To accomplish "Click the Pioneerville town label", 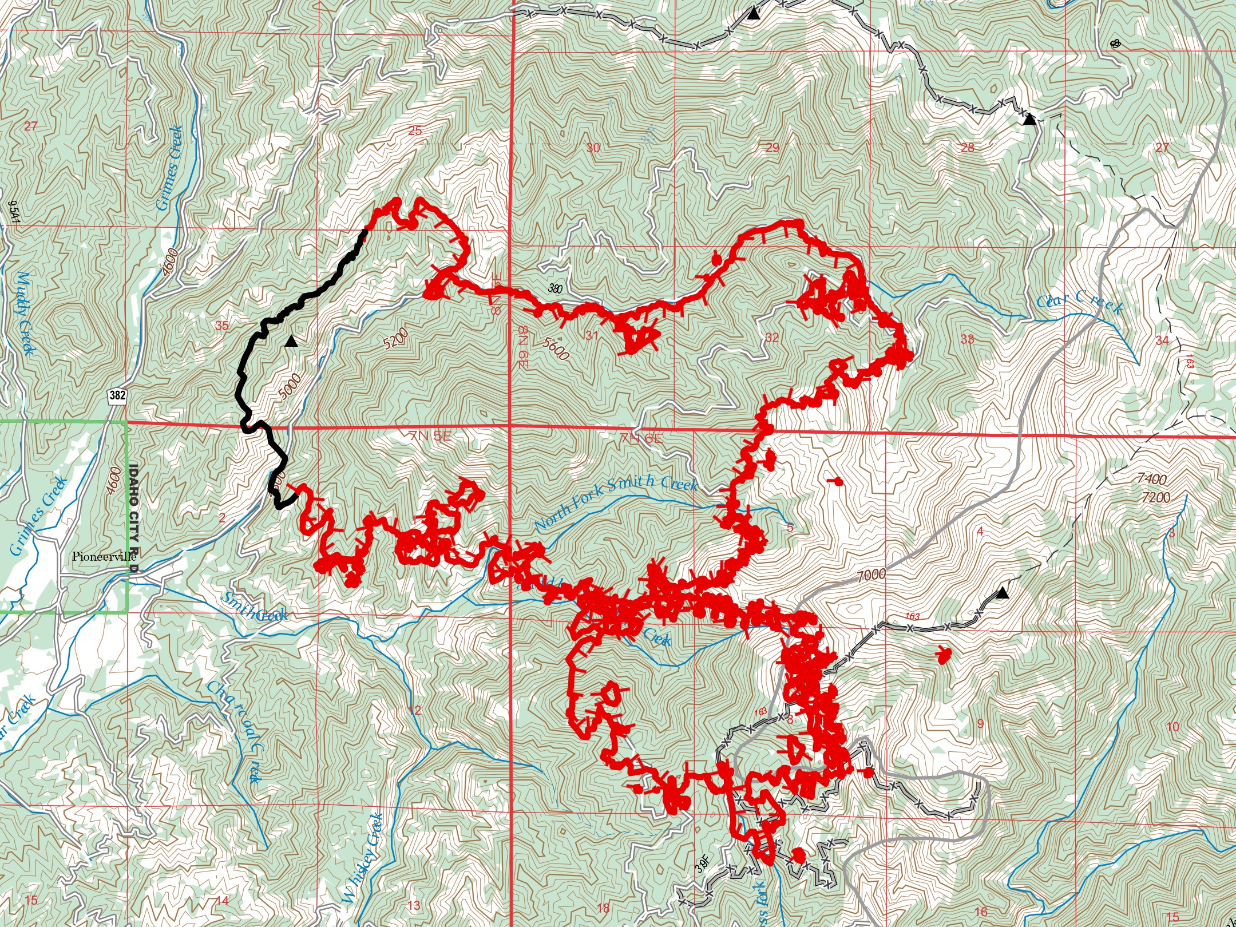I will [104, 556].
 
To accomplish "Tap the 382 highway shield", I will [117, 395].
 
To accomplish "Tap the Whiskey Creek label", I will [363, 858].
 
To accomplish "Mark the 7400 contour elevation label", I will [1151, 479].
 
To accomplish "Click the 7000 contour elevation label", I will [871, 575].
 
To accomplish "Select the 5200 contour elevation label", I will [396, 339].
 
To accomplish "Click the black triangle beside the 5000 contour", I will [291, 342].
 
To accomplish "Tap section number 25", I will [415, 130].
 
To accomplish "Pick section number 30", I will [593, 148].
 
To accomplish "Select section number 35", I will [221, 326].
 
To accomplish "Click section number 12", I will [415, 710].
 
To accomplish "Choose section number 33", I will [967, 339].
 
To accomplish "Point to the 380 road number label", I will [554, 288].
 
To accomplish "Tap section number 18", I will [603, 908].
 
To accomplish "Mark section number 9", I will [980, 723].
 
